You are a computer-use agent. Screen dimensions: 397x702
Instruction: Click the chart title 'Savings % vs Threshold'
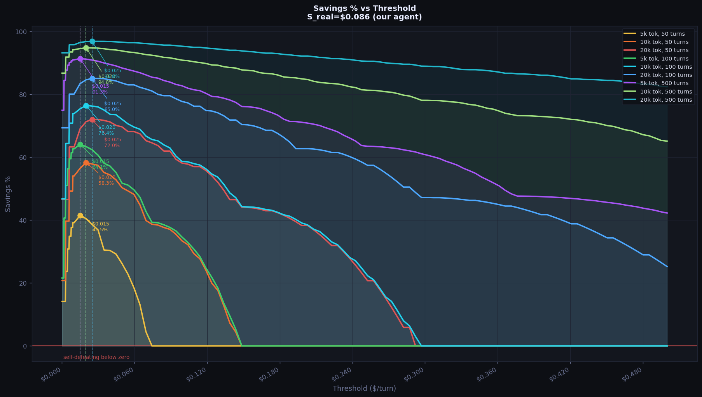[364, 9]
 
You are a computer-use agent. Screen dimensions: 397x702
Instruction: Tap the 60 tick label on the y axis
[24, 158]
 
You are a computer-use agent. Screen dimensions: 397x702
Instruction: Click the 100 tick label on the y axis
[23, 32]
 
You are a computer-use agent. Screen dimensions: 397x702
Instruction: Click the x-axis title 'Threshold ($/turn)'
[364, 388]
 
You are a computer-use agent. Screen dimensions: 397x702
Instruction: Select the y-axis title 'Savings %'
[8, 194]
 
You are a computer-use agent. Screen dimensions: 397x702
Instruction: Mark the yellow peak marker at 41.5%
[80, 215]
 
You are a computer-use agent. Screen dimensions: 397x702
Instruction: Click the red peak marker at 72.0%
[92, 120]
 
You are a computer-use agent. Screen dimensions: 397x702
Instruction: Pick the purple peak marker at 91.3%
[80, 59]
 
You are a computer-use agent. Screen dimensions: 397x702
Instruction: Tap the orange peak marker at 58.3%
[86, 163]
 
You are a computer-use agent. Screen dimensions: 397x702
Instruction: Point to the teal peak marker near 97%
[92, 41]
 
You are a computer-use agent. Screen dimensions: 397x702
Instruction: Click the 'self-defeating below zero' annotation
[96, 357]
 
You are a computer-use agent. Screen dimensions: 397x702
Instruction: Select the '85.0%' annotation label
[112, 109]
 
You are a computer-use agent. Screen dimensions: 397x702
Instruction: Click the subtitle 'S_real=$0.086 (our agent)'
[364, 17]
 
